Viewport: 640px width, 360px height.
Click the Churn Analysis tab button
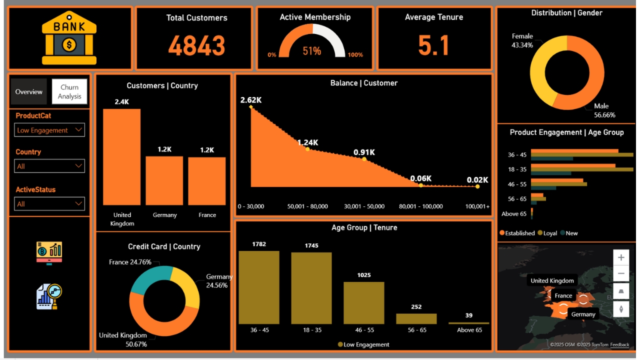point(69,91)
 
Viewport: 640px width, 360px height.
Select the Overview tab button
point(29,91)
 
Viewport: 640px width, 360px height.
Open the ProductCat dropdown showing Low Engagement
point(49,130)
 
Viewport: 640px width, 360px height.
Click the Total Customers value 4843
point(196,45)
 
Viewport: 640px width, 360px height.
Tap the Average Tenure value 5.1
point(433,45)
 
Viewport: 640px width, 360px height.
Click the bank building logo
point(69,38)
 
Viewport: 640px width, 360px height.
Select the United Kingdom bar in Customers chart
point(121,157)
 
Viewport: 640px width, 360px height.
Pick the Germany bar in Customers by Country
point(164,180)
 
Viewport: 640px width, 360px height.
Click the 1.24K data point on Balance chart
point(307,149)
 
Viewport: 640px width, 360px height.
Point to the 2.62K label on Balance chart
point(251,100)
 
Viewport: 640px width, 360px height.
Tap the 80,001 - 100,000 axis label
point(421,206)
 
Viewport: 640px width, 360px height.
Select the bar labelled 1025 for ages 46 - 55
point(364,303)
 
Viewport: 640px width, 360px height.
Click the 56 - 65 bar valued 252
point(416,319)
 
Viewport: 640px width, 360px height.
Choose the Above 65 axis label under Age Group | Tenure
point(469,330)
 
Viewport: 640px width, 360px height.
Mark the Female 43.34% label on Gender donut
point(522,40)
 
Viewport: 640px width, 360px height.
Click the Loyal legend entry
point(549,233)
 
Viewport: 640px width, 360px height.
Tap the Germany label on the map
point(583,314)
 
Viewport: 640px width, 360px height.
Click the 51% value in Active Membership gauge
point(311,51)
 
